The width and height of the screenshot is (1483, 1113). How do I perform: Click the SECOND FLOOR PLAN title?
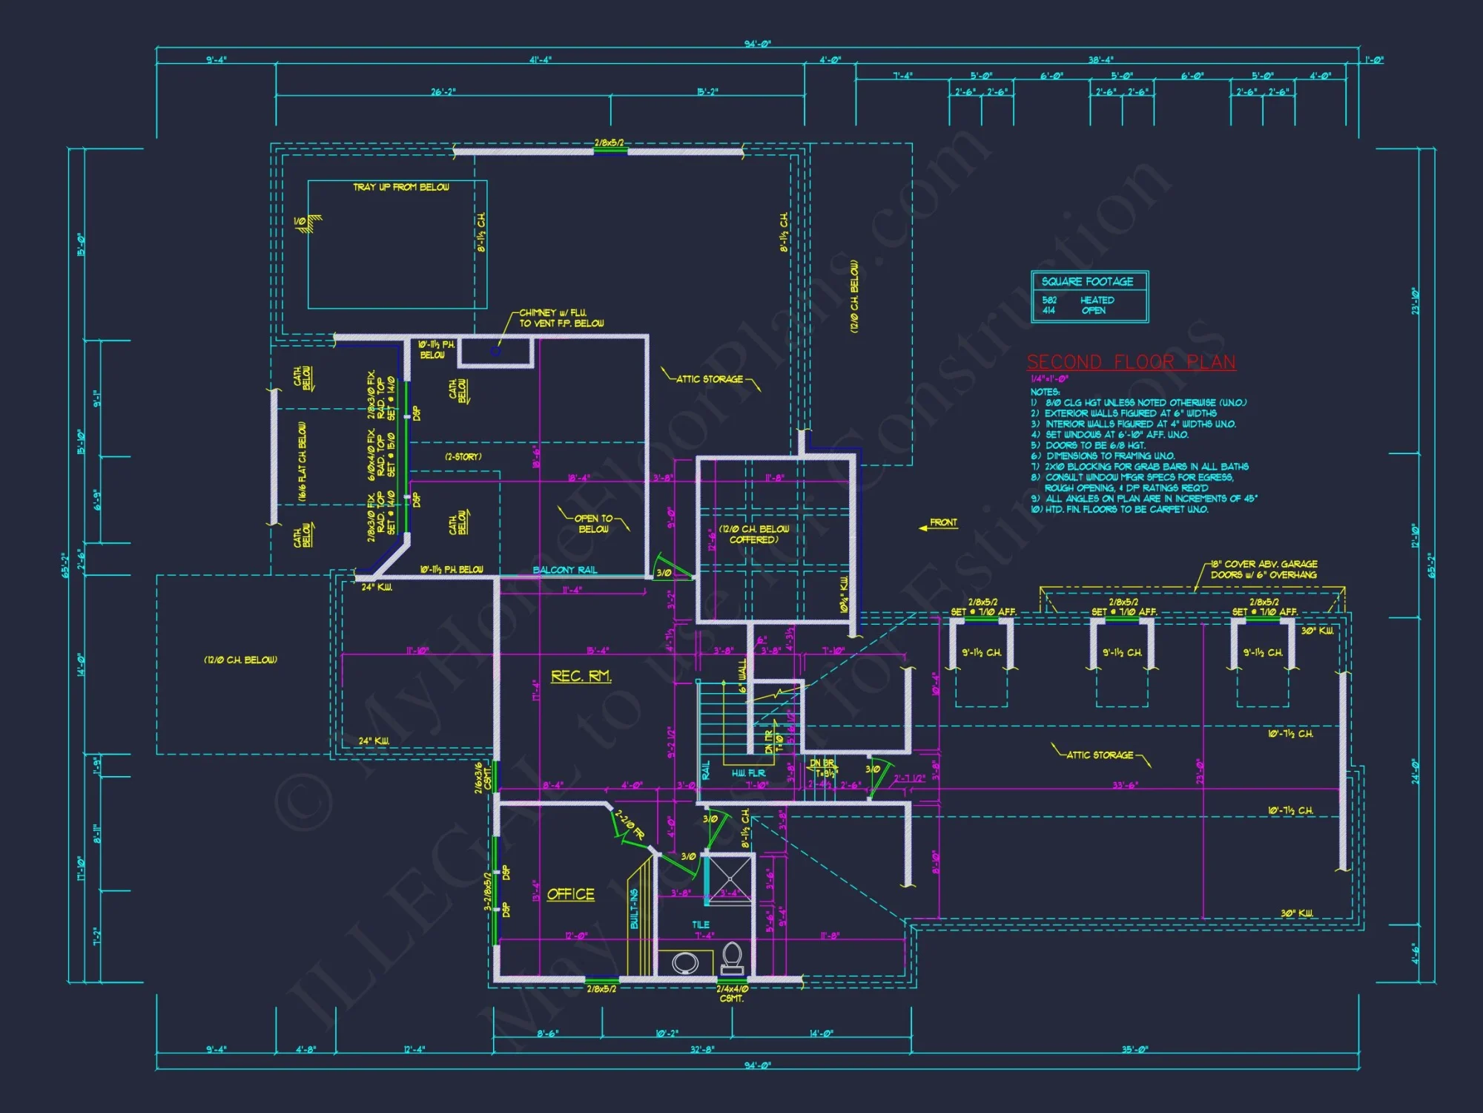coord(1131,362)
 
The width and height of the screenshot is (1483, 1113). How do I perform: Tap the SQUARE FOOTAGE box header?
coord(1088,282)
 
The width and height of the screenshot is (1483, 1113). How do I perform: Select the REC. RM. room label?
coord(581,676)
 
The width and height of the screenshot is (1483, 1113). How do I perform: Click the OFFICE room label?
coord(570,894)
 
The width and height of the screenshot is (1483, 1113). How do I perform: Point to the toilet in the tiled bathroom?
coord(733,957)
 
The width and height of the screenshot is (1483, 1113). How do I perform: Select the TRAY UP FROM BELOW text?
coord(400,188)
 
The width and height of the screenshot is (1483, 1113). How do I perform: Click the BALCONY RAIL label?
coord(564,570)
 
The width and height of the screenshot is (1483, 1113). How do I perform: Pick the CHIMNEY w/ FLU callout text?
coord(561,318)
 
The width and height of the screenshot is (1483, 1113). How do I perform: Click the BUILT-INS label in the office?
coord(634,909)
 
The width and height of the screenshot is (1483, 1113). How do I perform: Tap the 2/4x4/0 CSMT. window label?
coord(732,994)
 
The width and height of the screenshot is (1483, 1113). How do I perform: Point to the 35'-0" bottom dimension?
coord(1134,1049)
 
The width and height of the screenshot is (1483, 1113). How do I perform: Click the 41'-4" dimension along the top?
coord(540,60)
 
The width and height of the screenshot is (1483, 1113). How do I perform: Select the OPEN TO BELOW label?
coord(593,524)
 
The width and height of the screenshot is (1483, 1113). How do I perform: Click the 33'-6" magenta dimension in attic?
coord(1125,785)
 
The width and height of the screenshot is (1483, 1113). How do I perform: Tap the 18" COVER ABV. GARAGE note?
coord(1264,569)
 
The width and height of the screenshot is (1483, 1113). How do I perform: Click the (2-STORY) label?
coord(463,457)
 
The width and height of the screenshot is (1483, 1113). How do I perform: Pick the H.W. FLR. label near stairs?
coord(748,773)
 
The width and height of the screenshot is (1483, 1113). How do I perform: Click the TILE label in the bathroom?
coord(701,925)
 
